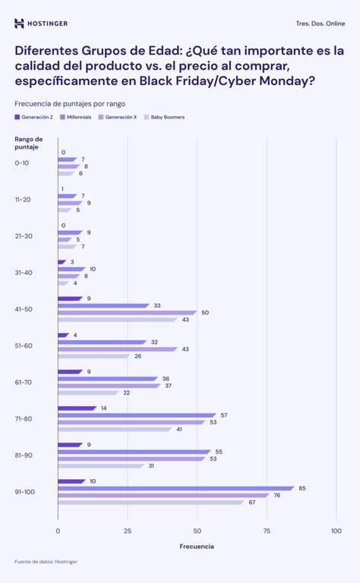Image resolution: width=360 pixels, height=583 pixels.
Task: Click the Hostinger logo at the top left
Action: click(x=41, y=24)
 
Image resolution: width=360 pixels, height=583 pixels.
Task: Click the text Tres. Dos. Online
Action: click(x=320, y=24)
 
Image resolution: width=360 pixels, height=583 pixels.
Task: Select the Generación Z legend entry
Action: click(x=34, y=117)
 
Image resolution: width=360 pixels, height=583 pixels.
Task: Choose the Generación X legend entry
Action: click(x=118, y=117)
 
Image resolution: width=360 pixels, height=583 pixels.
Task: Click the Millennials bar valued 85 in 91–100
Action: click(x=175, y=488)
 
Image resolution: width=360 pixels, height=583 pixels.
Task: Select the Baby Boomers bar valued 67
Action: click(x=150, y=502)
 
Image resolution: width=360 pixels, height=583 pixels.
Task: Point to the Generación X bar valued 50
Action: click(x=127, y=312)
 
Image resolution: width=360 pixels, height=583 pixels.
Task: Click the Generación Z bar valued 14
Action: click(x=77, y=408)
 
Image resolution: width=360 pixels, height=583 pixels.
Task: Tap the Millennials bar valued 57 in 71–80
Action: click(x=137, y=415)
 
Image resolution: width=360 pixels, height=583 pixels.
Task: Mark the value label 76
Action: click(x=277, y=495)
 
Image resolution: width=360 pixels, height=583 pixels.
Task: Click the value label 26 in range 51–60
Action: click(x=137, y=356)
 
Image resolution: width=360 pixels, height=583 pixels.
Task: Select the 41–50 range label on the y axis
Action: click(x=23, y=309)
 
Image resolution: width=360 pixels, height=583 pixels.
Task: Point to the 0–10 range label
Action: click(x=22, y=163)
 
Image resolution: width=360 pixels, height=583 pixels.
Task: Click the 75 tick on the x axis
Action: click(x=267, y=531)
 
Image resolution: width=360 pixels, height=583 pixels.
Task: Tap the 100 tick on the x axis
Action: click(x=336, y=531)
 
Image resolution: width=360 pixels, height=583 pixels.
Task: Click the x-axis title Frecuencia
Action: click(x=197, y=547)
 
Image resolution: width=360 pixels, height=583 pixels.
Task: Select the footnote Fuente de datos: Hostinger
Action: click(x=46, y=562)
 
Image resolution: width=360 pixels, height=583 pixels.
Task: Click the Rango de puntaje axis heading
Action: click(x=29, y=143)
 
